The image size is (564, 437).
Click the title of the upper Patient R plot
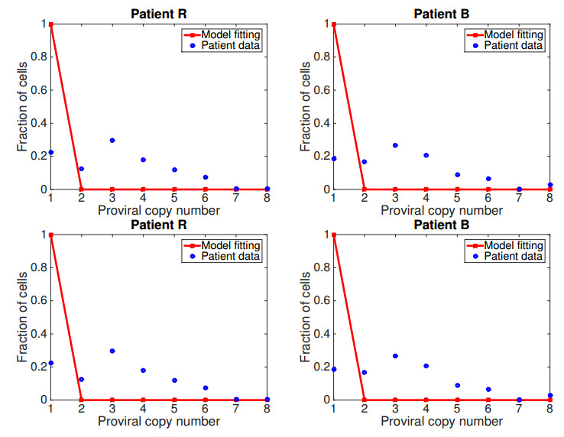158,13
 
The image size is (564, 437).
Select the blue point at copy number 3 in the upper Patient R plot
112,141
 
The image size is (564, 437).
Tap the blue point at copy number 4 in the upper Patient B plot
426,155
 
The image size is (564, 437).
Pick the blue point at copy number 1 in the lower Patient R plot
50,363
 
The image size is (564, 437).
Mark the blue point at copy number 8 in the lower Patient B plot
549,395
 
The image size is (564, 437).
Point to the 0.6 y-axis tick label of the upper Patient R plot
36,90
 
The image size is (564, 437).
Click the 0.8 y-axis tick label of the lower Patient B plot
319,267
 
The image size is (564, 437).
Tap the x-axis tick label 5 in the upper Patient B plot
457,200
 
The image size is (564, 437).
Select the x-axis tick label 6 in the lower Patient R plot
206,410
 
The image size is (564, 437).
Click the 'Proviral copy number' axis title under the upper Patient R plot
158,211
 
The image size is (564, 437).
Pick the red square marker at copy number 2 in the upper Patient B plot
365,189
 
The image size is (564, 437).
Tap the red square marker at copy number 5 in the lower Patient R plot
174,400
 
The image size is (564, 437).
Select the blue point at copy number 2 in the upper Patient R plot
81,169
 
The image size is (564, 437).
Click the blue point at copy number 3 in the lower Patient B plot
395,356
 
